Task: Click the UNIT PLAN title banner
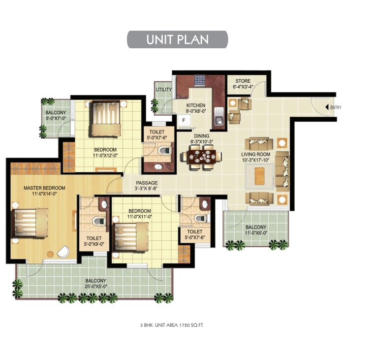pos(177,39)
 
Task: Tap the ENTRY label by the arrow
pos(336,107)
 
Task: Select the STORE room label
pos(243,81)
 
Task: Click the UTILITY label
pos(163,90)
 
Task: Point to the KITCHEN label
pos(195,106)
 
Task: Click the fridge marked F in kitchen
pos(184,120)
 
